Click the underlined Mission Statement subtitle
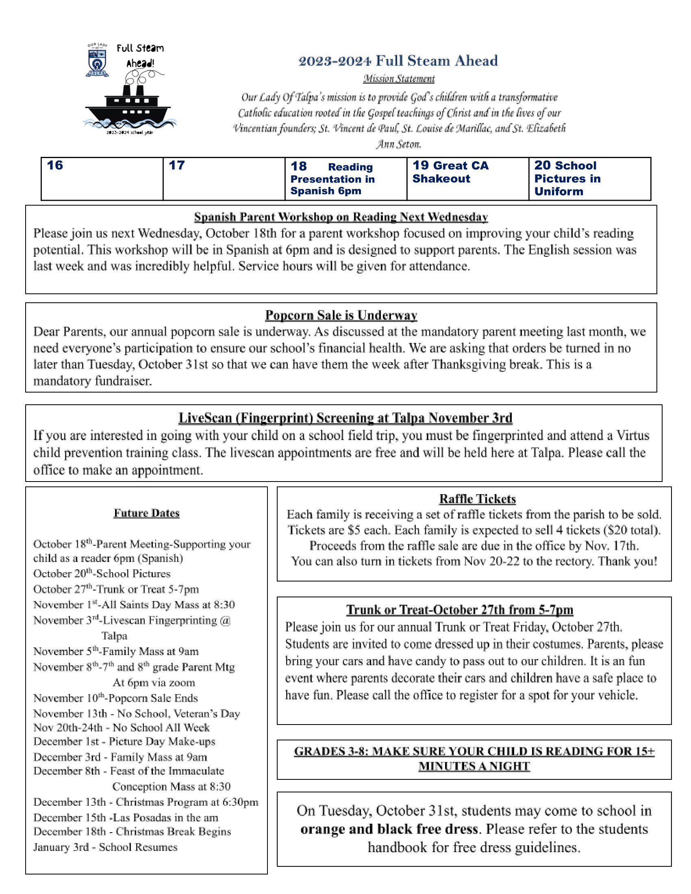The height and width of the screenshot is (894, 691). pos(399,78)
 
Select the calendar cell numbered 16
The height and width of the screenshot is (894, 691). pos(102,179)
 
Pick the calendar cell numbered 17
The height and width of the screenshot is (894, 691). pos(224,179)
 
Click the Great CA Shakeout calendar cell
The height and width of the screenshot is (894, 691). pos(467,179)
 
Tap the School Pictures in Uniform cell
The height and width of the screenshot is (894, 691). pos(589,179)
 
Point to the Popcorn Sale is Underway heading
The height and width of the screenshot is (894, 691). pos(341,315)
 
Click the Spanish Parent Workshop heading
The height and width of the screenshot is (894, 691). pos(341,217)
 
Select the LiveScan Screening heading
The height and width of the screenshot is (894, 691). pos(345,418)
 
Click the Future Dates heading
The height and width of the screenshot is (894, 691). pos(147,513)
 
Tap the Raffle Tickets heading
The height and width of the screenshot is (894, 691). pos(477,499)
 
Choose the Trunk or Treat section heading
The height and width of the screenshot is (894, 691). pos(459,610)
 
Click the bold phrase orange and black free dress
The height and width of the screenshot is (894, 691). pos(389,829)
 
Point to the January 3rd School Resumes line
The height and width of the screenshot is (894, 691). pos(105,847)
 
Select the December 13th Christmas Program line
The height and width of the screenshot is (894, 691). pos(146,802)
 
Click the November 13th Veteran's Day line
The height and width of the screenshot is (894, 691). pos(136,714)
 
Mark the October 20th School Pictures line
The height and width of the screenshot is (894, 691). pos(102,573)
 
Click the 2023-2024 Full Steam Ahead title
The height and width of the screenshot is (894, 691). pos(398,61)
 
